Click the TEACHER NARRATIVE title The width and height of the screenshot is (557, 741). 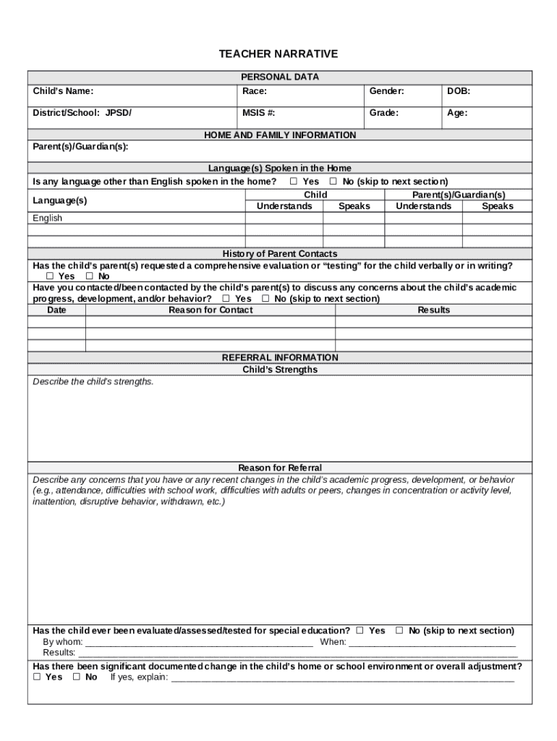(278, 54)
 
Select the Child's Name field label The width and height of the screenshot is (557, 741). (63, 91)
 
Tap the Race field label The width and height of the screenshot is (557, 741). (255, 91)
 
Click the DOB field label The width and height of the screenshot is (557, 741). (459, 91)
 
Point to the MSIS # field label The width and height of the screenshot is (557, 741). (259, 113)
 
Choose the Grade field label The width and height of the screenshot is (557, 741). (384, 113)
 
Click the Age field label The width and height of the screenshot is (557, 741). (457, 113)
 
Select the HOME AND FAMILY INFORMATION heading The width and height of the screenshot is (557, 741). (280, 135)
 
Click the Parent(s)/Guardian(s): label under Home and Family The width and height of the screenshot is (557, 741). (80, 146)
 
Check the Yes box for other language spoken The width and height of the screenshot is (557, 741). (294, 182)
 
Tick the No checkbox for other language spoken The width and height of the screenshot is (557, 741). (333, 182)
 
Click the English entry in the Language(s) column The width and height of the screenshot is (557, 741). (48, 218)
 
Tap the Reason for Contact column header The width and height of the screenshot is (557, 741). (211, 310)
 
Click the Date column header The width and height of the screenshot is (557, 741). (56, 310)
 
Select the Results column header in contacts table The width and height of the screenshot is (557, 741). (433, 310)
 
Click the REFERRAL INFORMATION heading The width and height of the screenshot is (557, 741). (280, 357)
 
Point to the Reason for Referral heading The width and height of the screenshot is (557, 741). (280, 467)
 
